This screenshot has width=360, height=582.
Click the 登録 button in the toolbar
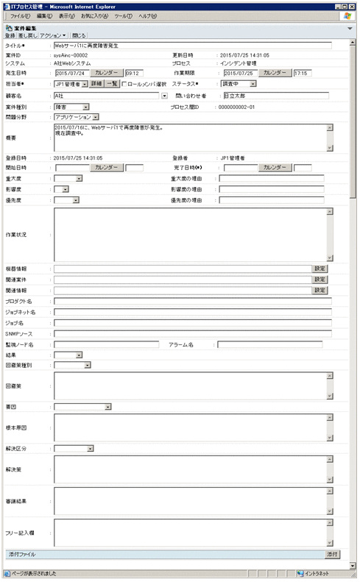[x=10, y=35]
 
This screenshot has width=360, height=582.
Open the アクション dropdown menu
[x=54, y=35]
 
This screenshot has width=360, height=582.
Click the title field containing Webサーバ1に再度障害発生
[x=191, y=45]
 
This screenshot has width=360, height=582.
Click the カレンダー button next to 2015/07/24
[x=107, y=74]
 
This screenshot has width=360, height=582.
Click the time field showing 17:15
[x=302, y=74]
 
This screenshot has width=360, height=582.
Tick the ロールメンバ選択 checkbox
[x=125, y=84]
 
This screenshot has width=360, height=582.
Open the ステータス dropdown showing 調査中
[x=240, y=84]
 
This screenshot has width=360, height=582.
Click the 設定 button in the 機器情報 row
[x=320, y=269]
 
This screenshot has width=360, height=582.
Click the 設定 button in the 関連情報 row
[x=320, y=290]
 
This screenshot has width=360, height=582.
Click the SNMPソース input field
[x=191, y=333]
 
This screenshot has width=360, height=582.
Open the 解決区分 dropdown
[x=74, y=447]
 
